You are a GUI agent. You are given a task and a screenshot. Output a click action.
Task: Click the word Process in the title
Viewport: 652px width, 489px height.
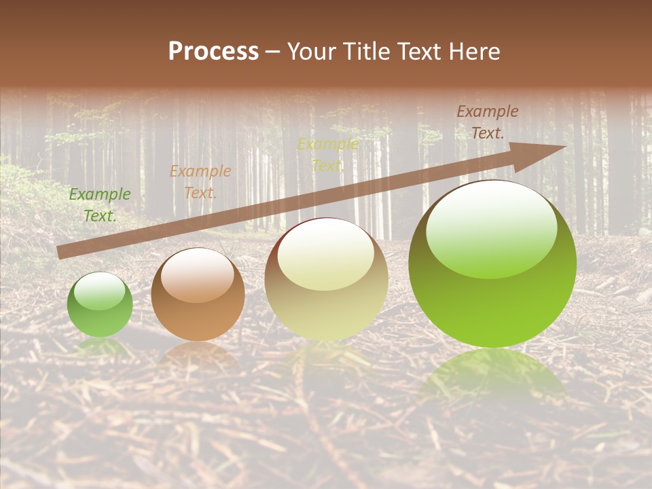pos(213,52)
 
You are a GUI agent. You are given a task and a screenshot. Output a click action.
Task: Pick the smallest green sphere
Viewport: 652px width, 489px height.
pos(100,304)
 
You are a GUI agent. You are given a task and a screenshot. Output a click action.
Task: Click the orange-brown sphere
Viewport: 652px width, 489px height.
pos(198,294)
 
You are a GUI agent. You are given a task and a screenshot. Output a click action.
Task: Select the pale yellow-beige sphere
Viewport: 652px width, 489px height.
pos(327,279)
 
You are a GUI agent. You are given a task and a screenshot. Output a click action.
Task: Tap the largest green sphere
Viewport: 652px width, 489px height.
pos(492,264)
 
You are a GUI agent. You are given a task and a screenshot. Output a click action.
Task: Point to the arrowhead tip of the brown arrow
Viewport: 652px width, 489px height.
pos(565,147)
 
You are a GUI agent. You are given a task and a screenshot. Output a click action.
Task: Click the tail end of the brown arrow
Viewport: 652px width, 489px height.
pos(60,253)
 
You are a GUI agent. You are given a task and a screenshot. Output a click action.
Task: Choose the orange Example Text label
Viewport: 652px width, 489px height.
pos(200,182)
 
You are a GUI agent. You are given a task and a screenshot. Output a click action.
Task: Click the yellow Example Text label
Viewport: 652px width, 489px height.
pos(327,155)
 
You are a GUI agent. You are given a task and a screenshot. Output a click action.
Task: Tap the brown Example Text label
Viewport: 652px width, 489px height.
pos(488,122)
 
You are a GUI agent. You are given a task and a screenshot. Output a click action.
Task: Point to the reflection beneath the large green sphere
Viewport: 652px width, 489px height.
pos(492,377)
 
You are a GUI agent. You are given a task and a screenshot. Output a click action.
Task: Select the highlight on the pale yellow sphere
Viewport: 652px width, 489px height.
pos(325,255)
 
